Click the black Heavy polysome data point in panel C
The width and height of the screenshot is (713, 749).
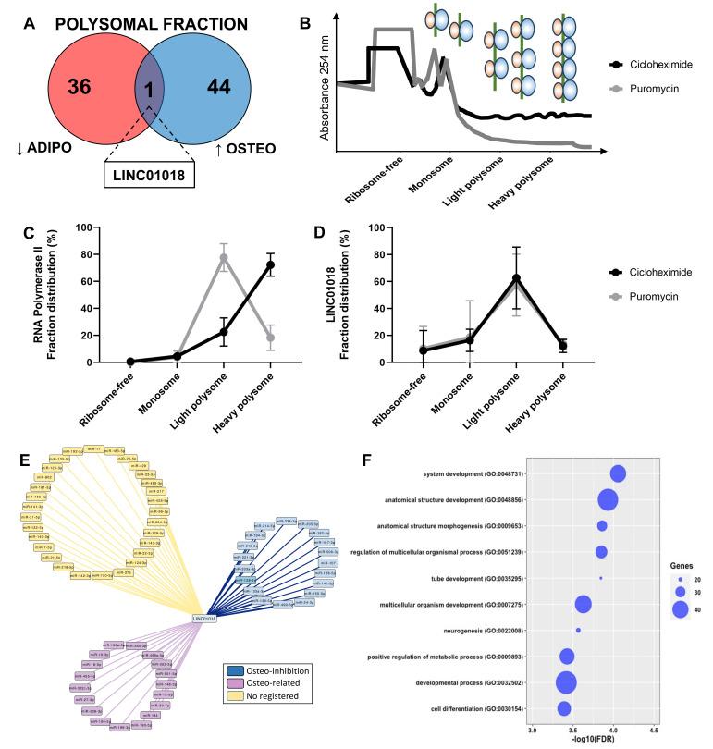click(x=270, y=264)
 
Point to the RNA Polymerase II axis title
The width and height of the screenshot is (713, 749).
click(x=57, y=293)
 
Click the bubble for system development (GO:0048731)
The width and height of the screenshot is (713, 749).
click(x=618, y=473)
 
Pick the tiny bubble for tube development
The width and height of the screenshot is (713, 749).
click(x=601, y=578)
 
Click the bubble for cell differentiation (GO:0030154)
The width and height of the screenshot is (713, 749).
click(x=564, y=708)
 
